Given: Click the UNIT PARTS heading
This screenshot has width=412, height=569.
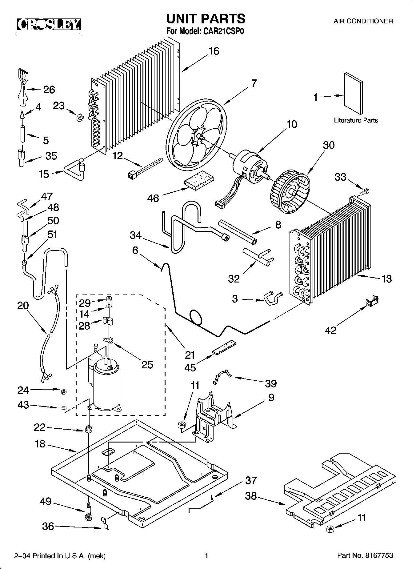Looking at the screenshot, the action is pos(206,18).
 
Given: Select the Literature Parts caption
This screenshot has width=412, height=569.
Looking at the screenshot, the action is pos(356,120).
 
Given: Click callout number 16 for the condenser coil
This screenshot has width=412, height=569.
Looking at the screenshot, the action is pos(214,51).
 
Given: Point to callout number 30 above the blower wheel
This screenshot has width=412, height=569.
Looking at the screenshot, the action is pos(329,145).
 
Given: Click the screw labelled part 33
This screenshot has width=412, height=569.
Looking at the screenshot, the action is pos(364,192).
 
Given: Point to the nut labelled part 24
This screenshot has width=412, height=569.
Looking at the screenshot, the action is pos(63,392).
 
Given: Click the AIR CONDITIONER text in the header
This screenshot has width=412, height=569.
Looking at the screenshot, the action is pos(363,21).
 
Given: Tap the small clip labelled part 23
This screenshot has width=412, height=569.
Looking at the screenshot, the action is pos(80,118).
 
